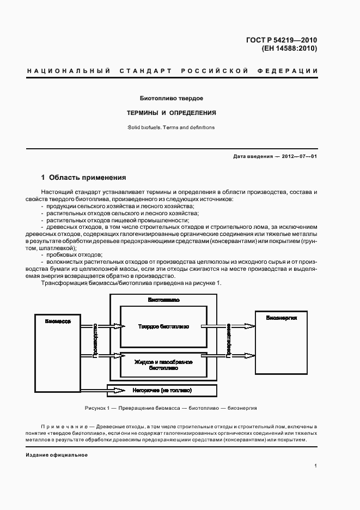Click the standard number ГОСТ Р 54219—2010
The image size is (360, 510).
282,40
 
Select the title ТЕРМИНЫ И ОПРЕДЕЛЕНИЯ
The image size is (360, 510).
172,113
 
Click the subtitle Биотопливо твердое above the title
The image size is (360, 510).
172,99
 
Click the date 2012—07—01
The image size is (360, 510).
296,156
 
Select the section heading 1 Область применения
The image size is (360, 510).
84,178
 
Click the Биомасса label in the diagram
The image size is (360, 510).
57,321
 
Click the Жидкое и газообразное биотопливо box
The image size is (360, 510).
163,365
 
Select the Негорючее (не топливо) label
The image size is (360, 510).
162,391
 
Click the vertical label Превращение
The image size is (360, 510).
228,341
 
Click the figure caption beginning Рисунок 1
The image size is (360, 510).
170,408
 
